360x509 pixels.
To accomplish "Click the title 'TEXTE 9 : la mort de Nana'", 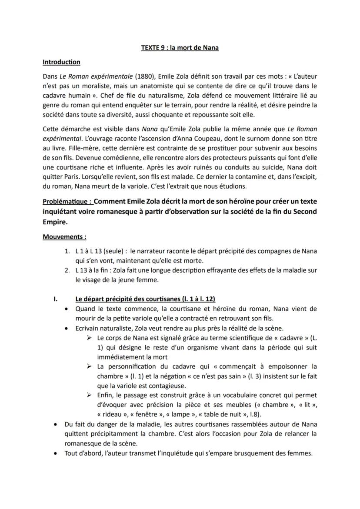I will [x=180, y=48].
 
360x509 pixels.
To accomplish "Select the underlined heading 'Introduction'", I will [x=61, y=62].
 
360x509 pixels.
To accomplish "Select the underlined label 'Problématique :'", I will [x=67, y=202].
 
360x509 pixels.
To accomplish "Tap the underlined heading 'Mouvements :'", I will [x=64, y=237].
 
